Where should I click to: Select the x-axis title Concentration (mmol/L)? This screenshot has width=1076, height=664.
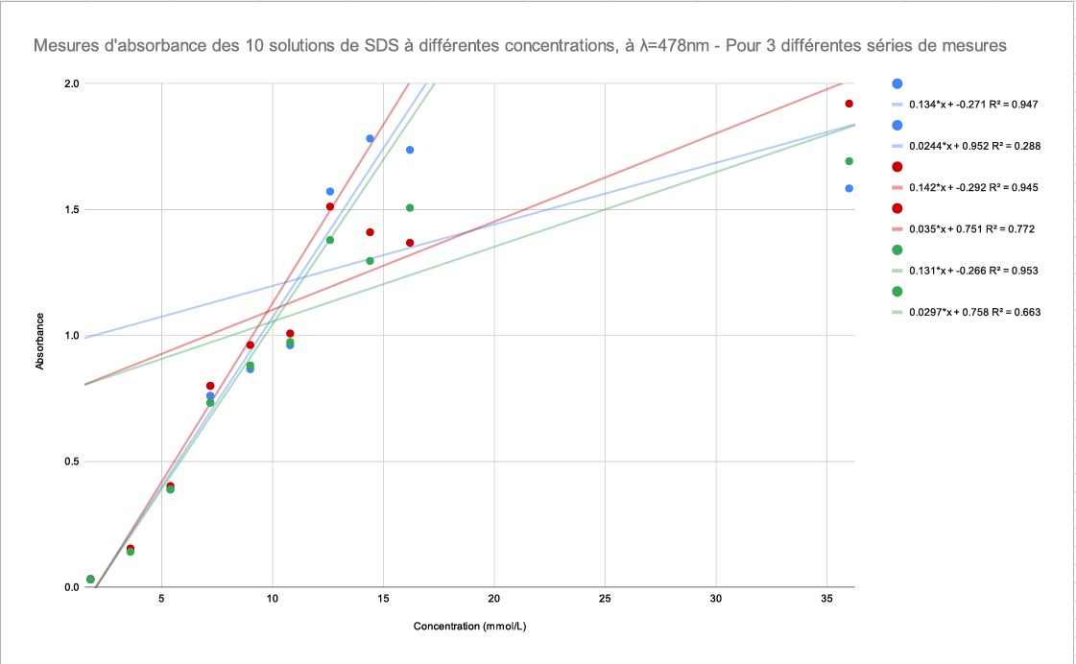point(469,628)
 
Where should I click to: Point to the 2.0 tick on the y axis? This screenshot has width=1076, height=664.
point(71,83)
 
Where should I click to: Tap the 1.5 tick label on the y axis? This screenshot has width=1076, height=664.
point(71,209)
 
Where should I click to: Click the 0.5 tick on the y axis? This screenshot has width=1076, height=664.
point(71,462)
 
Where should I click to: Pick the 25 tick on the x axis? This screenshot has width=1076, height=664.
point(605,599)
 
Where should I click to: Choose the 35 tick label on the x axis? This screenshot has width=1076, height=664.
point(826,599)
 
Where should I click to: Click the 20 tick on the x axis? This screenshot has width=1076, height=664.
point(494,599)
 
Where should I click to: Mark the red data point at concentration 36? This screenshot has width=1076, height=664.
point(849,104)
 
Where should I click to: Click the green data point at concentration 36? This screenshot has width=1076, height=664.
point(849,161)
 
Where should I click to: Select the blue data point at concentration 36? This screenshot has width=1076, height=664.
point(849,188)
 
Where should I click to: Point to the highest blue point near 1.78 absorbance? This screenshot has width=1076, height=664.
point(370,138)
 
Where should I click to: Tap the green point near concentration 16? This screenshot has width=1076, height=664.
point(410,207)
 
